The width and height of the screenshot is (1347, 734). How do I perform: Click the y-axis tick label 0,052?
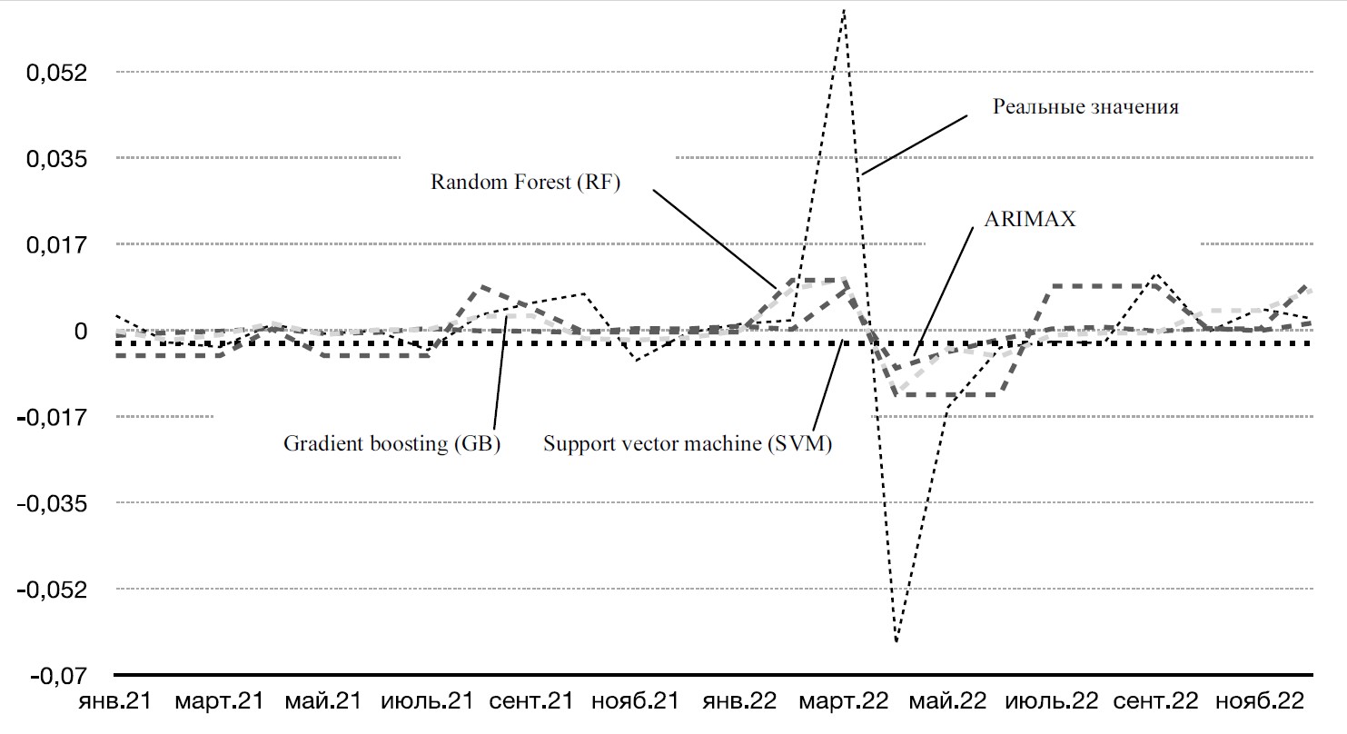[x=58, y=72]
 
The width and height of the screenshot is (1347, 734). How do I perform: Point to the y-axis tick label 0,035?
[x=58, y=158]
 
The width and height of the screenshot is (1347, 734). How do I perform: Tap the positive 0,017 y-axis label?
[x=58, y=244]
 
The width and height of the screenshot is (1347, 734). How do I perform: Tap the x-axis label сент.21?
[x=531, y=701]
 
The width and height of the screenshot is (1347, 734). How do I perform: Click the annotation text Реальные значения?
[x=1085, y=107]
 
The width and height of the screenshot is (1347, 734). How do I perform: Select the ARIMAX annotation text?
[x=1030, y=220]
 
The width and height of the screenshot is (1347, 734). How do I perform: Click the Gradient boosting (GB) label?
[x=392, y=443]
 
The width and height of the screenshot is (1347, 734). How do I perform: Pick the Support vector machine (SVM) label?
[x=688, y=443]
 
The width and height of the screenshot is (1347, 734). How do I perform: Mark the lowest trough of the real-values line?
[x=896, y=640]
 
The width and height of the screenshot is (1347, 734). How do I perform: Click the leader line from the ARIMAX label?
[x=945, y=291]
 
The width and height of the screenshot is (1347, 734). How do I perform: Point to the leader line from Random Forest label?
[x=714, y=236]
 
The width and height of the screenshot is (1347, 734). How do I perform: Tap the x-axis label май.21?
[x=322, y=701]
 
